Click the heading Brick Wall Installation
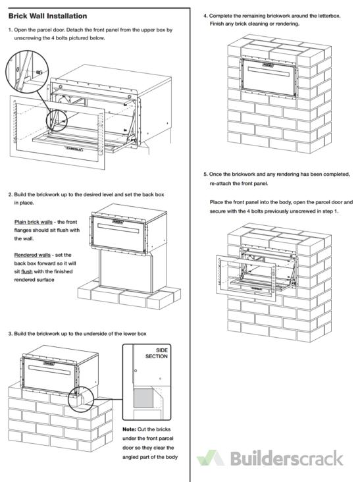tap(47, 16)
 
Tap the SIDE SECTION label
tap(157, 353)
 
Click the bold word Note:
tap(129, 429)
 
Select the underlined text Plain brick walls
tap(33, 222)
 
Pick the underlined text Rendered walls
tap(32, 255)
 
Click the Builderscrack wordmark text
tap(286, 458)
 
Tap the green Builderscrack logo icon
tap(211, 458)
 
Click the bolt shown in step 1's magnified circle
tap(39, 72)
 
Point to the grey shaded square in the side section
tap(143, 398)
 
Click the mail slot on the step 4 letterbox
tap(269, 72)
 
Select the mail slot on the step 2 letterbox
tap(118, 228)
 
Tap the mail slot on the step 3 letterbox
tap(49, 370)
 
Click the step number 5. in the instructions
tap(205, 174)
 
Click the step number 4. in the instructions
tap(205, 16)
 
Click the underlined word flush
tap(27, 271)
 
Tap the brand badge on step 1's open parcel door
tap(74, 149)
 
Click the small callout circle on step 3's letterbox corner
tap(81, 399)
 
